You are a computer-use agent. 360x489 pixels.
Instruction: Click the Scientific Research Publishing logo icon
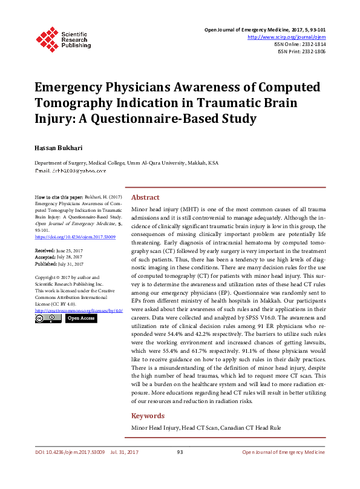click(45, 38)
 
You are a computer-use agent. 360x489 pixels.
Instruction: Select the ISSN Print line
click(301, 52)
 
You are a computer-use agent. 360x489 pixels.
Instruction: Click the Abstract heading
click(145, 197)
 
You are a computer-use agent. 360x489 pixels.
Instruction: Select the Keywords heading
click(148, 416)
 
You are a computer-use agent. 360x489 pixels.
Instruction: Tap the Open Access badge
click(80, 318)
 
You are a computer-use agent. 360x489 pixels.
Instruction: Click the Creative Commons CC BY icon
click(48, 318)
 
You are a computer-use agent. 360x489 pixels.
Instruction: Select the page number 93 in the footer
click(180, 452)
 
